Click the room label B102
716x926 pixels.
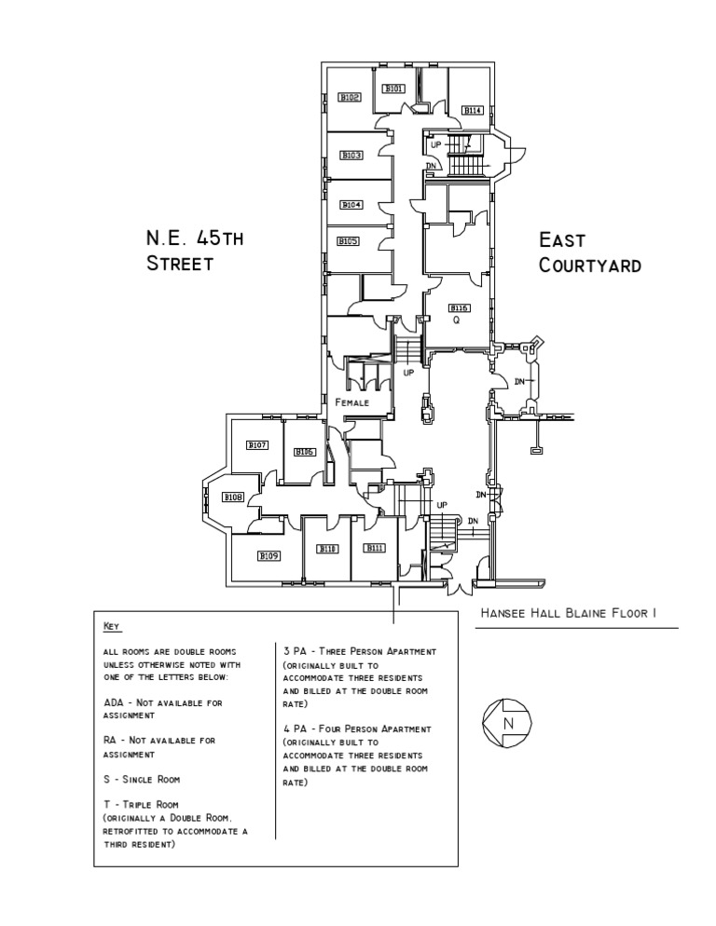(x=350, y=97)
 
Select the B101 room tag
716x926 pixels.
(x=394, y=89)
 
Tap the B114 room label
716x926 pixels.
(x=473, y=110)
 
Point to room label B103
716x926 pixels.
(x=351, y=156)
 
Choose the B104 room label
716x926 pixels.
(x=351, y=204)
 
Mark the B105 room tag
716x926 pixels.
(x=349, y=241)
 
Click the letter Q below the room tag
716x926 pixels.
(x=457, y=320)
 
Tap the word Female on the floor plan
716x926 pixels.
(x=352, y=402)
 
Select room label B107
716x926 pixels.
(x=257, y=445)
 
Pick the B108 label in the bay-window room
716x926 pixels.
(x=233, y=497)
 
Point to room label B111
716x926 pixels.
(x=375, y=548)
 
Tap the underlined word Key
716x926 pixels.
(x=112, y=626)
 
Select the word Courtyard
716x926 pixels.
(x=590, y=266)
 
